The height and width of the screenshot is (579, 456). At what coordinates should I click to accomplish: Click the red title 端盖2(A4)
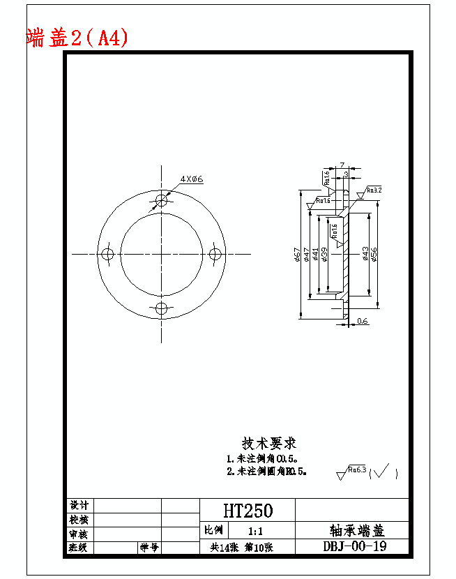coord(77,37)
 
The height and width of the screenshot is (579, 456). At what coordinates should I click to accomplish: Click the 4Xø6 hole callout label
coord(191,179)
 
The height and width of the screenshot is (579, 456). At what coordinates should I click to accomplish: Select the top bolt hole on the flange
coord(162,200)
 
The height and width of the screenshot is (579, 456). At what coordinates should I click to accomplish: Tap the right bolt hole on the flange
coord(216,253)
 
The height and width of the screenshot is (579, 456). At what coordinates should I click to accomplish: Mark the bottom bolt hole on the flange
coord(162,308)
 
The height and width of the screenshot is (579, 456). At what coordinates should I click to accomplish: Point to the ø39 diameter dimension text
coord(325,255)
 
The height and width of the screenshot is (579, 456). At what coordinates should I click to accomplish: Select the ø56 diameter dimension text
coord(374,255)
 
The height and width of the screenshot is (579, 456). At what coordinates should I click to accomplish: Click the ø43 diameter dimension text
coord(365,255)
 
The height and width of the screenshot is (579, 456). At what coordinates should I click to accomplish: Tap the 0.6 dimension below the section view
coord(363,321)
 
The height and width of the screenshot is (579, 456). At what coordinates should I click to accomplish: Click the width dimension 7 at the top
coord(342,165)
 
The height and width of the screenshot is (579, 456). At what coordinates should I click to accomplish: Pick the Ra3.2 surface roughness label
coord(374,190)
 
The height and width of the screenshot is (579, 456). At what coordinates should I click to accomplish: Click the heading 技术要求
coord(269,443)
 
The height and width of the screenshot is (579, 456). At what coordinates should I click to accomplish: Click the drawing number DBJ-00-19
coord(355,546)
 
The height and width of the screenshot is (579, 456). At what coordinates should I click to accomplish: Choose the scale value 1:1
coord(250,532)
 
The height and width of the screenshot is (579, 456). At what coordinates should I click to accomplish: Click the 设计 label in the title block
coord(79,505)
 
